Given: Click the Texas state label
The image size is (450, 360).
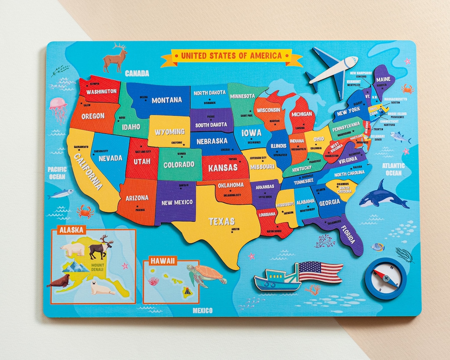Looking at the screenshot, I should pyautogui.click(x=222, y=221).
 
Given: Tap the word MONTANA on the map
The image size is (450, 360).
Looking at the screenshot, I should pyautogui.click(x=167, y=100).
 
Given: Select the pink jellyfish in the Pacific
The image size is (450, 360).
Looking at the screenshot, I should pyautogui.click(x=58, y=107).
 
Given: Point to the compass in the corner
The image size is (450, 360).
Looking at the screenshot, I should pyautogui.click(x=385, y=278).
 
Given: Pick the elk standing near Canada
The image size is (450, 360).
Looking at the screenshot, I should pyautogui.click(x=115, y=58).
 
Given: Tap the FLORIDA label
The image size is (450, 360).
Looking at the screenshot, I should pyautogui.click(x=347, y=235).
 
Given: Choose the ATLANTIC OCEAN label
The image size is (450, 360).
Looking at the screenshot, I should pyautogui.click(x=393, y=169).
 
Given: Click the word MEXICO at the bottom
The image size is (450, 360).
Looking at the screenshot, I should pyautogui.click(x=202, y=310).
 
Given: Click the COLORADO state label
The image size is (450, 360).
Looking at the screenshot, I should pyautogui.click(x=179, y=165).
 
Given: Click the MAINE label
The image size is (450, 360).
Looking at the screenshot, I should pyautogui.click(x=383, y=79).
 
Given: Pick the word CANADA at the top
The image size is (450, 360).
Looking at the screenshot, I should pyautogui.click(x=137, y=73).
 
